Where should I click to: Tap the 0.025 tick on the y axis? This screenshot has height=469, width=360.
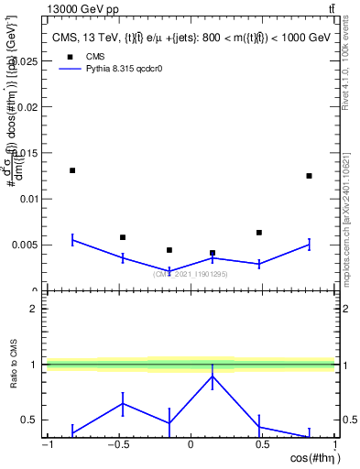click(27, 60)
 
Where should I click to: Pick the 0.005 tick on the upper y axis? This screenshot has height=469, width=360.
click(27, 245)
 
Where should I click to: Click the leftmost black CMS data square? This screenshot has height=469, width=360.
click(72, 170)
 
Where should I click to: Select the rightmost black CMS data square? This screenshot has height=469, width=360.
click(310, 176)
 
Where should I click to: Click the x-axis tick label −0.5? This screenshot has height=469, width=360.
click(117, 445)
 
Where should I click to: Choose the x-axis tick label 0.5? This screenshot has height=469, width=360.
click(262, 445)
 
